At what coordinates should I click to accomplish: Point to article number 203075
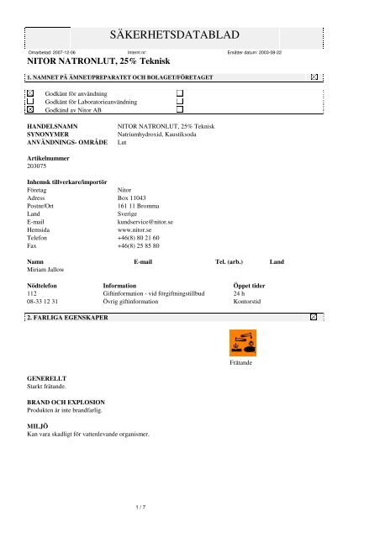[39, 165]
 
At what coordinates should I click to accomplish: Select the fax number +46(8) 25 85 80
[139, 247]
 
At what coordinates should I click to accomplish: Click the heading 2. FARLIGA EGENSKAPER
[67, 319]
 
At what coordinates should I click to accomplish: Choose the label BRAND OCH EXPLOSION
[64, 403]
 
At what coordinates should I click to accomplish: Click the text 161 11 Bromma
[138, 206]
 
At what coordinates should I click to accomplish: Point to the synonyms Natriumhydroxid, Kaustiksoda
[160, 134]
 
